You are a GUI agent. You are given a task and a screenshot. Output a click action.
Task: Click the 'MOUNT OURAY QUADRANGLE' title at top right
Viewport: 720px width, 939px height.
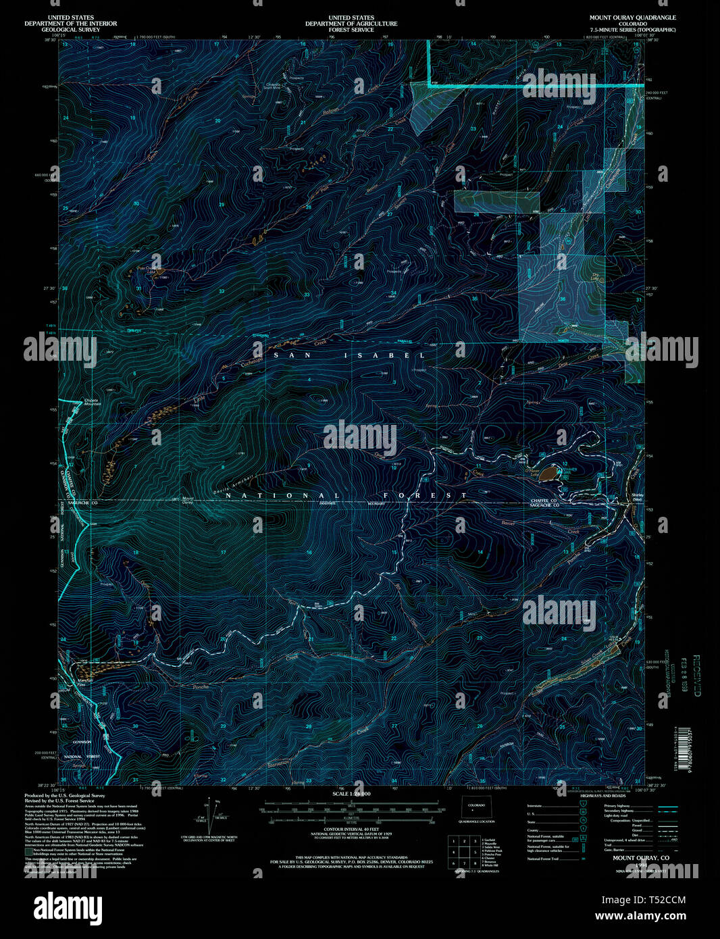coord(632,18)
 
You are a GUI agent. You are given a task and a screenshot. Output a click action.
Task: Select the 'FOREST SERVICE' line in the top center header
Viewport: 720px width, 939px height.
coord(351,30)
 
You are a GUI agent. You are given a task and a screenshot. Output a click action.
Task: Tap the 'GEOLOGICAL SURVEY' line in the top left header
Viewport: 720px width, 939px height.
coord(70,30)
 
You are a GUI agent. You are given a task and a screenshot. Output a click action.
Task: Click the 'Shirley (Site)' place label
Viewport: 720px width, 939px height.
coord(636,497)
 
